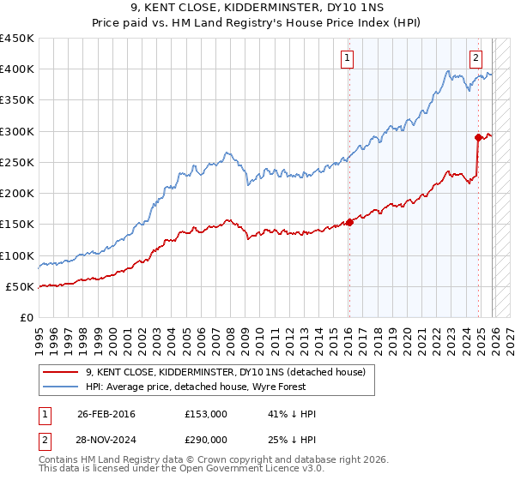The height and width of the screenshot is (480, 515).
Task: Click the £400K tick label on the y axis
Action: click(x=17, y=69)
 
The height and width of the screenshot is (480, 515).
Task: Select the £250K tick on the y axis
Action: click(x=17, y=162)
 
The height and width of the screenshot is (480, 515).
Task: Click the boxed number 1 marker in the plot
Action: click(x=348, y=58)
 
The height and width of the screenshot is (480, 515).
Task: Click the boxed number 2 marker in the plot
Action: click(x=476, y=58)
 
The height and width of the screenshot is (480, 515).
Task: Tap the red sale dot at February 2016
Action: click(x=349, y=223)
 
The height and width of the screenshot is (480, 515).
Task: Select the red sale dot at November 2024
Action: click(x=478, y=137)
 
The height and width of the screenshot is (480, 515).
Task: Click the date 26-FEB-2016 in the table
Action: click(x=106, y=414)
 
